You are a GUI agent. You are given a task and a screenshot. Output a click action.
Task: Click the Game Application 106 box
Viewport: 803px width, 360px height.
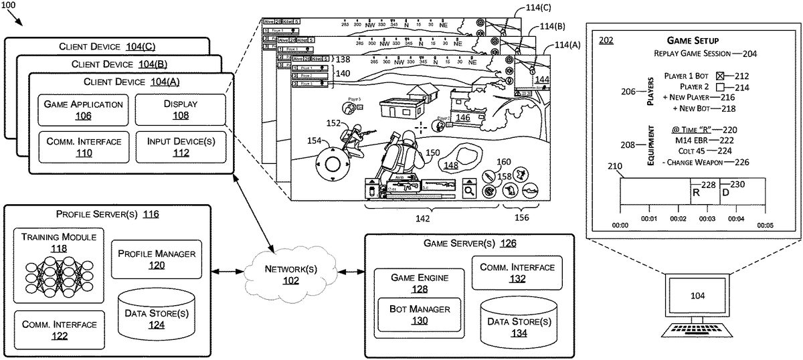83,110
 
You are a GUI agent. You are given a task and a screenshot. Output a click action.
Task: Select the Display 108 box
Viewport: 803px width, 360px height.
176,110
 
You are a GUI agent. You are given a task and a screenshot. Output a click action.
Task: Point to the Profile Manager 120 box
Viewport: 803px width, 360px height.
157,259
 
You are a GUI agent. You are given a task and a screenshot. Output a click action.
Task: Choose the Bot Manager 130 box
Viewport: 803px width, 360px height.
420,314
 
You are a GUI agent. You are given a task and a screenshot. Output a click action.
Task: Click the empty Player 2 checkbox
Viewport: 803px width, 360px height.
720,87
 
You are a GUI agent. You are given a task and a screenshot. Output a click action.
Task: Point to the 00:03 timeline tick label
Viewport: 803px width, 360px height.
707,219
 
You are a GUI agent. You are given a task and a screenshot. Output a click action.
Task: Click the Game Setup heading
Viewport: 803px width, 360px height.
693,41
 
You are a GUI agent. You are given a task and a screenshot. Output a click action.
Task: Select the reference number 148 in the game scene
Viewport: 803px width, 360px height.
451,165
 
